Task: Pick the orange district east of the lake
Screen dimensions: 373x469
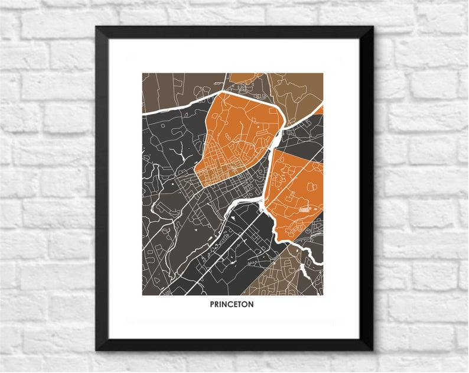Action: click(x=295, y=189)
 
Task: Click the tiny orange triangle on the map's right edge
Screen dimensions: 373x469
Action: click(x=320, y=109)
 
